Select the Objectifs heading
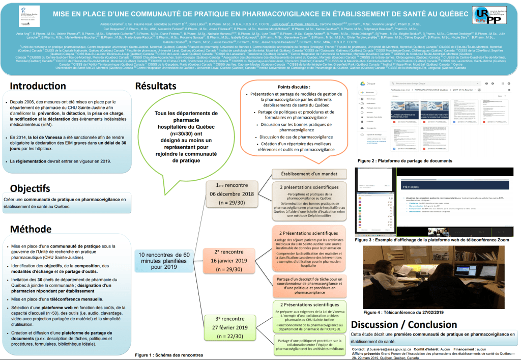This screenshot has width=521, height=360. coord(30,188)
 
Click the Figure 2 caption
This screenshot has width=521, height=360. coord(404,161)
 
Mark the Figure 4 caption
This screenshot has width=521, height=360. coord(403,312)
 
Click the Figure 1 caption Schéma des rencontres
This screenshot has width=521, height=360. coord(169,354)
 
